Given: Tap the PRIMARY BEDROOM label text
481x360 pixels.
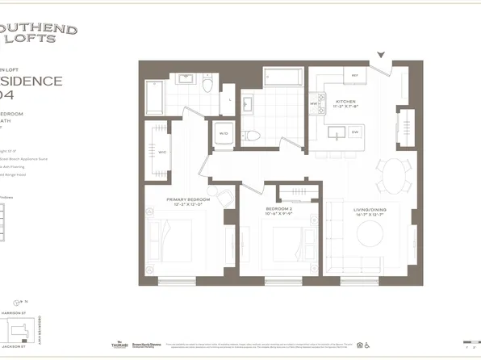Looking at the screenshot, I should tap(188, 199).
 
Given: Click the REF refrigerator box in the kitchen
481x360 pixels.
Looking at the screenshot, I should tap(353, 77).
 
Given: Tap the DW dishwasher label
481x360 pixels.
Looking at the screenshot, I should tap(354, 132).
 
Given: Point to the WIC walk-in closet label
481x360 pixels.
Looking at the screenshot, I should tap(161, 150).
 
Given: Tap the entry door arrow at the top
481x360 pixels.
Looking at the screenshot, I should tap(384, 57).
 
